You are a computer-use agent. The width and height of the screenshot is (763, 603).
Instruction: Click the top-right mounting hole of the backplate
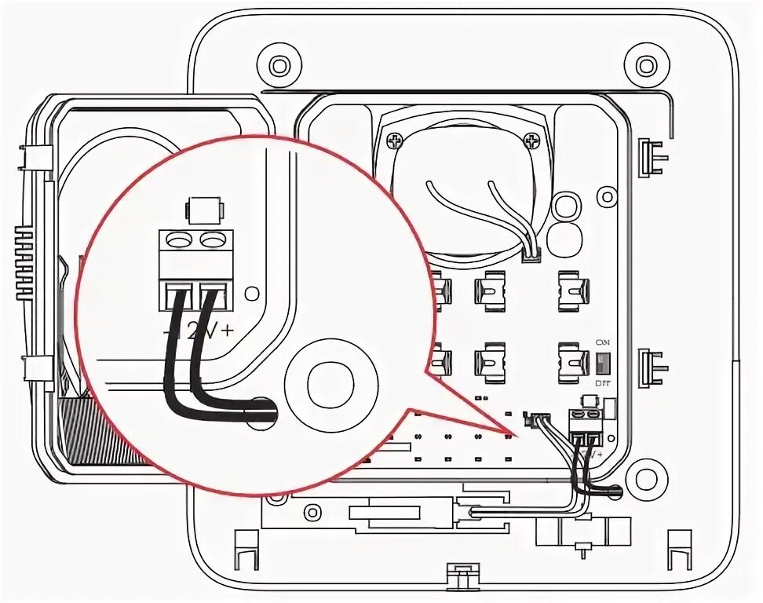click(645, 65)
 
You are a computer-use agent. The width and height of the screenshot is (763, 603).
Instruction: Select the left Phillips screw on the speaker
click(392, 141)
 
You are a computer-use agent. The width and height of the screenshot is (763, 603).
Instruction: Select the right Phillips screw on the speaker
click(534, 141)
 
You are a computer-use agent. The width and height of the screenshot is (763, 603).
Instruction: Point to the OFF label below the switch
click(603, 382)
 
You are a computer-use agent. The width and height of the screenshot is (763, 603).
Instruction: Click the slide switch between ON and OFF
click(603, 363)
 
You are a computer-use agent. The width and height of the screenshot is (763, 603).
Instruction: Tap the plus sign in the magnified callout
click(227, 331)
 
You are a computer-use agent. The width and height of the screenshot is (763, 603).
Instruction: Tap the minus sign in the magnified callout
click(166, 333)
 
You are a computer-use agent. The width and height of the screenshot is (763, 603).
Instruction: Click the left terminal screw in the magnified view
click(179, 238)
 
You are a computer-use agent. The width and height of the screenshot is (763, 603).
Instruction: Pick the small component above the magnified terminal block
click(203, 210)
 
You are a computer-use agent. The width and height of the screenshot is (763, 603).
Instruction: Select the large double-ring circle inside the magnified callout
click(324, 382)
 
